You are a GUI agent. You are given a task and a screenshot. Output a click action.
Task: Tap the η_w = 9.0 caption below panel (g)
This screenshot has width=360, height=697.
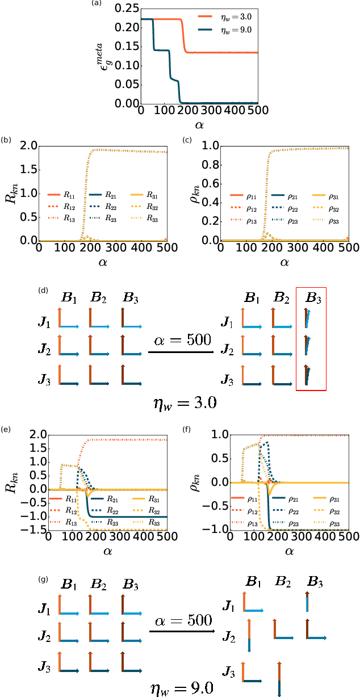180,687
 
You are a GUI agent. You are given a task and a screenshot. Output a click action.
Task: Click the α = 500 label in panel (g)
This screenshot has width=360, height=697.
182,618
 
